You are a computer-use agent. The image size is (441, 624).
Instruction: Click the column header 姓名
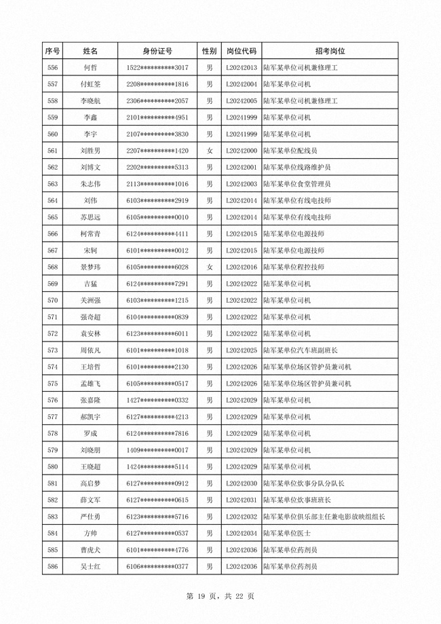click(x=90, y=51)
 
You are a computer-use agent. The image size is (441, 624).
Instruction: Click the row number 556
click(x=52, y=68)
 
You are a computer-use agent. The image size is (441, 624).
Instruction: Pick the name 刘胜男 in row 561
click(x=90, y=151)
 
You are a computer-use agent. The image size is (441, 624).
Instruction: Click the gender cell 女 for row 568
click(x=210, y=267)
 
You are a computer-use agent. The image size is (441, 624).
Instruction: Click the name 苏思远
click(x=90, y=217)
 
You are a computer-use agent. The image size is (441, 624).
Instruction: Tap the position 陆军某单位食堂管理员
click(x=297, y=184)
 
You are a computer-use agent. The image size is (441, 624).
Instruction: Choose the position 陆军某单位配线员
click(x=290, y=151)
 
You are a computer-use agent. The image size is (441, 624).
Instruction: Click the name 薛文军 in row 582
click(x=90, y=500)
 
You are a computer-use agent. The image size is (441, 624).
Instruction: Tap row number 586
click(x=52, y=566)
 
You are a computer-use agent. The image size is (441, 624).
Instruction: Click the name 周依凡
click(x=90, y=350)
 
